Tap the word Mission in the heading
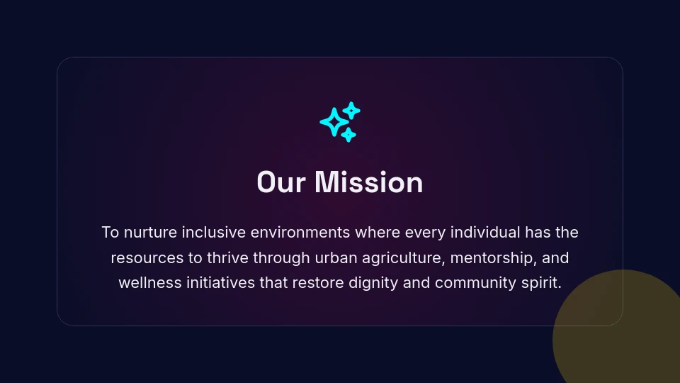368,182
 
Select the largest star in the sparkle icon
333,122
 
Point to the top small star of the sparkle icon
351,110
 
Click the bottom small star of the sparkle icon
348,134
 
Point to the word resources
144,257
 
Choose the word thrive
227,257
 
